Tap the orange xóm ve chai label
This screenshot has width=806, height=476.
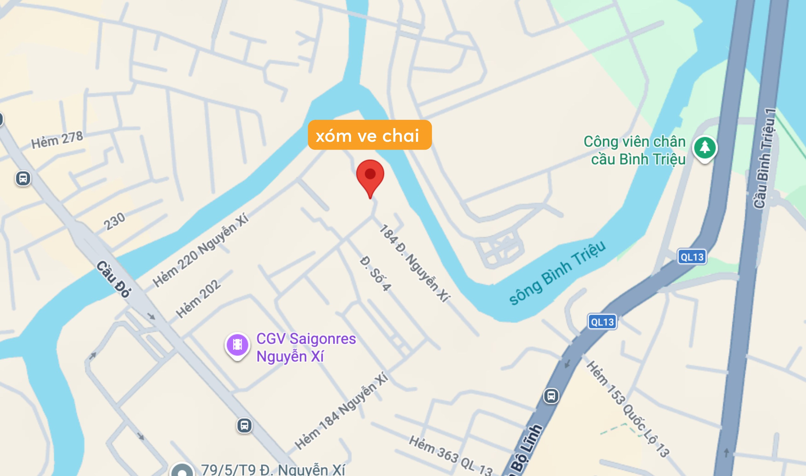click(x=370, y=135)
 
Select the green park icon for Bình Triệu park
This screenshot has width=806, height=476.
click(x=705, y=148)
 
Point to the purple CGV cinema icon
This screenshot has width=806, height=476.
click(x=237, y=345)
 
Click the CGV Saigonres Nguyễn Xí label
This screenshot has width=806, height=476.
click(x=306, y=348)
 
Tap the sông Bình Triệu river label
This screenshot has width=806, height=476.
click(x=557, y=273)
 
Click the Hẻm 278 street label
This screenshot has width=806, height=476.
click(x=57, y=140)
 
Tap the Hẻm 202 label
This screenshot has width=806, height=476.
click(x=198, y=299)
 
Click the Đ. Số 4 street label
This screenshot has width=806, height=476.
click(x=375, y=274)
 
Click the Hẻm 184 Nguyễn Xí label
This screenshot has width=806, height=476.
click(x=342, y=411)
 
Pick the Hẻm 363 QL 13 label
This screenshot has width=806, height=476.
click(x=450, y=456)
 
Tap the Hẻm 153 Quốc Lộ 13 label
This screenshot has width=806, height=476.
click(x=628, y=409)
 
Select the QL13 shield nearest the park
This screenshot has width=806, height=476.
click(x=692, y=257)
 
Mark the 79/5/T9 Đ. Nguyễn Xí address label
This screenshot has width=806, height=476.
click(x=273, y=470)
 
